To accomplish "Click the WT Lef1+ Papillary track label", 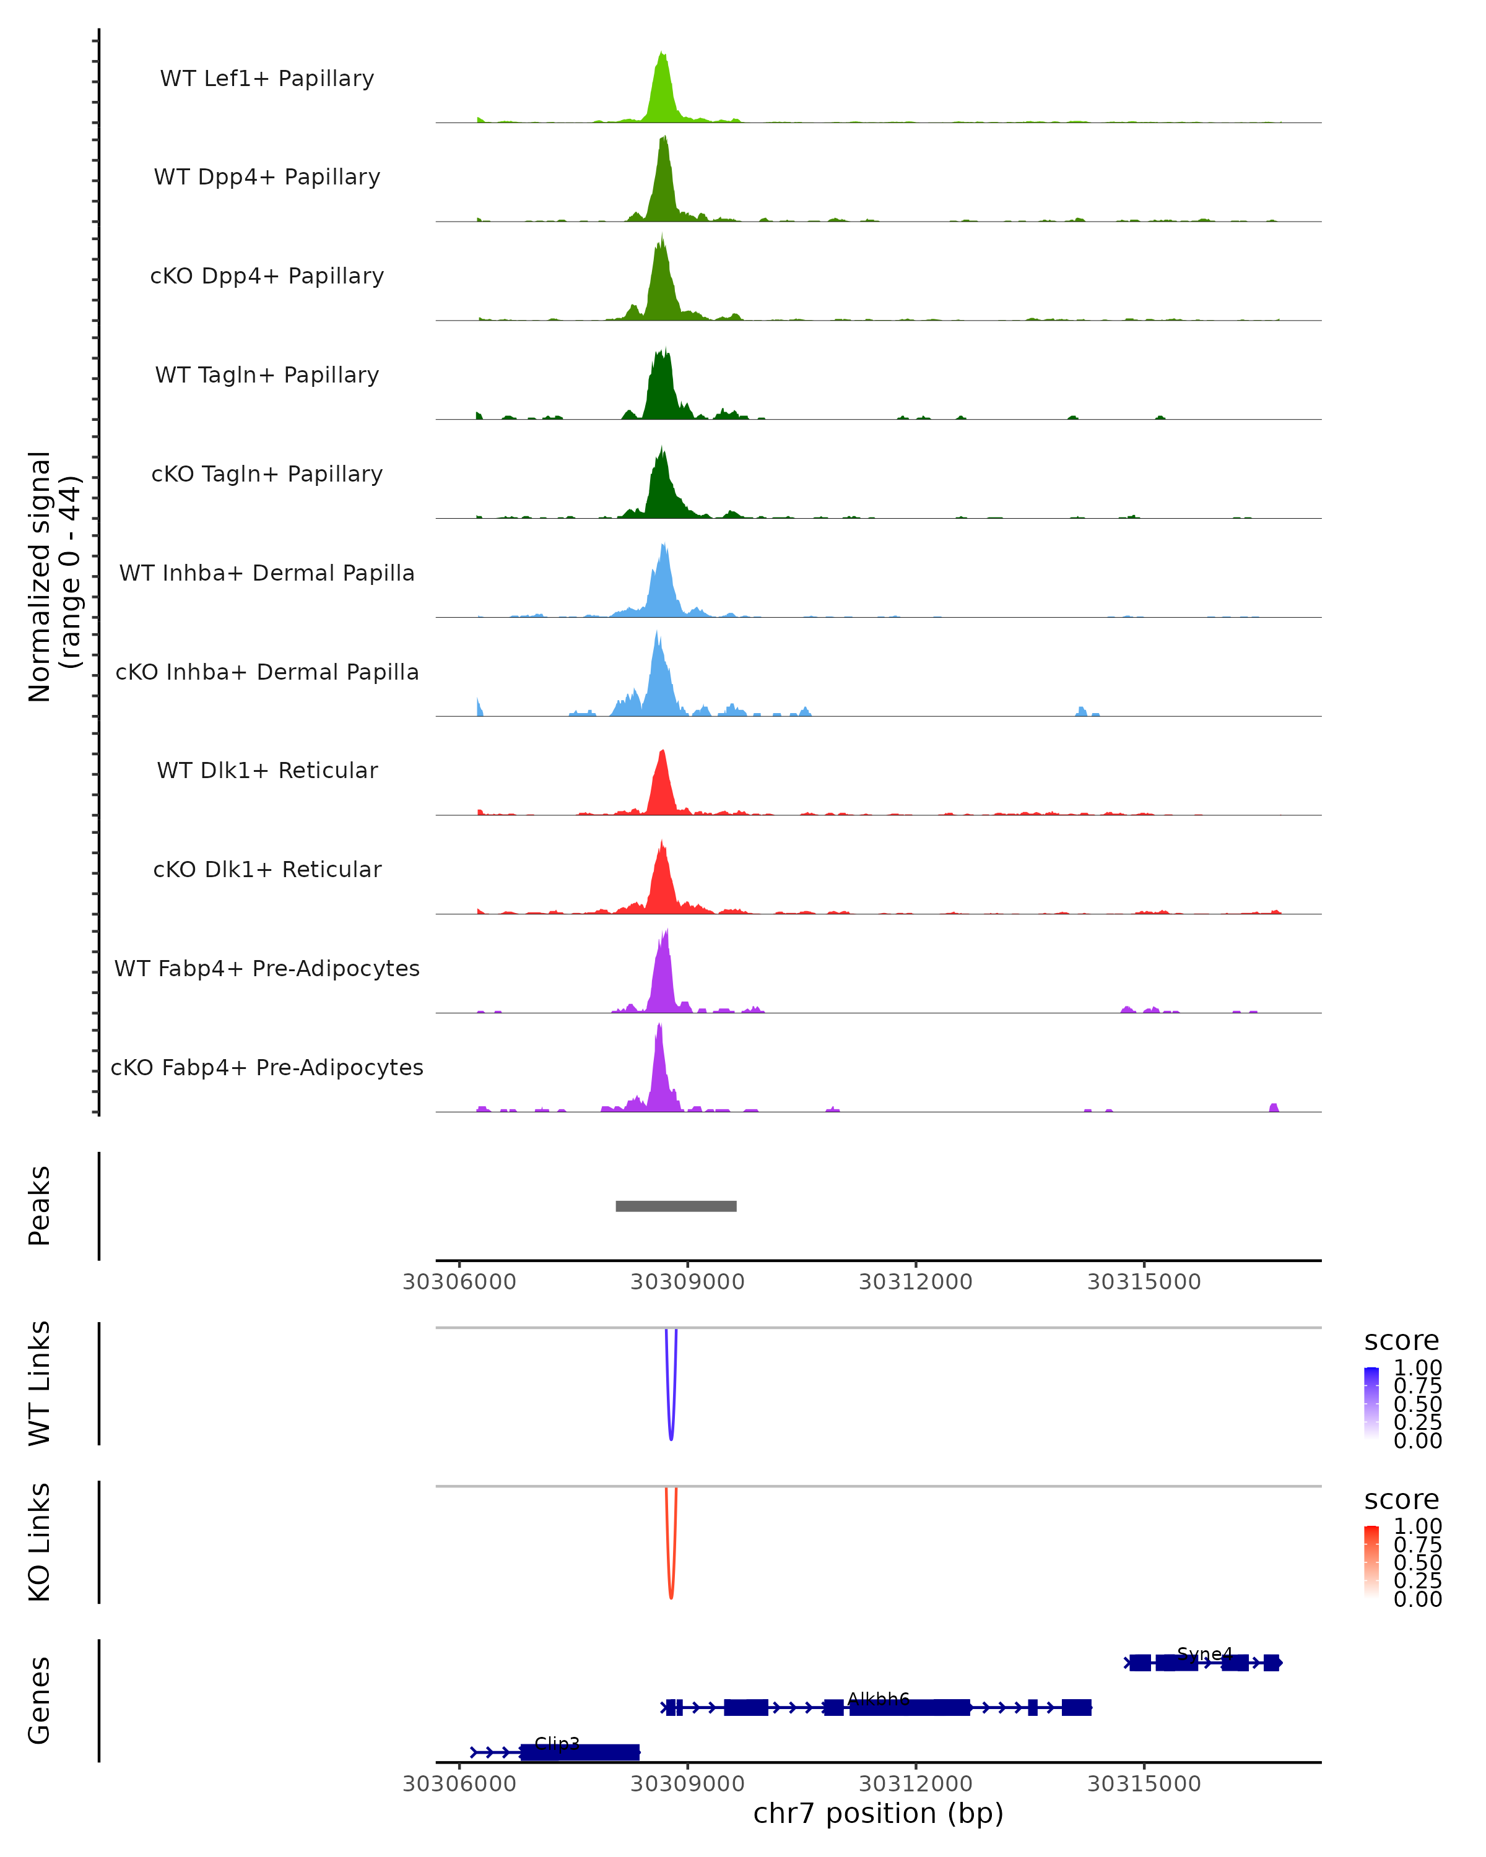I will [267, 79].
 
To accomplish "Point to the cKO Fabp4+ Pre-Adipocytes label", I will [267, 1067].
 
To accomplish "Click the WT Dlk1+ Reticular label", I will [267, 770].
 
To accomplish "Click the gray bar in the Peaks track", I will [676, 1206].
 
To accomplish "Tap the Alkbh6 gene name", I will [879, 1699].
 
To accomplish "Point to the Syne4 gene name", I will [1204, 1654].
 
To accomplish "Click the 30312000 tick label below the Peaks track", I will [916, 1282].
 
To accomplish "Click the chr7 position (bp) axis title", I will [879, 1814].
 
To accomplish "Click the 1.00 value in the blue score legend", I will [1418, 1368].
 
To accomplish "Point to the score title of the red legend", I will [1402, 1500].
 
